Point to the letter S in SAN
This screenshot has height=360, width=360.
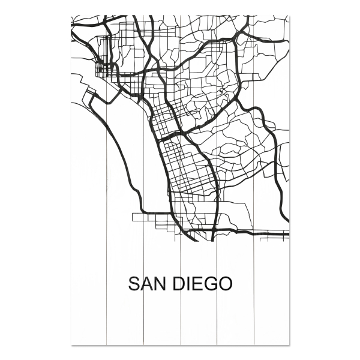point(134,283)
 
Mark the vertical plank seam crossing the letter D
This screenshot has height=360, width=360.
point(181,283)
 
